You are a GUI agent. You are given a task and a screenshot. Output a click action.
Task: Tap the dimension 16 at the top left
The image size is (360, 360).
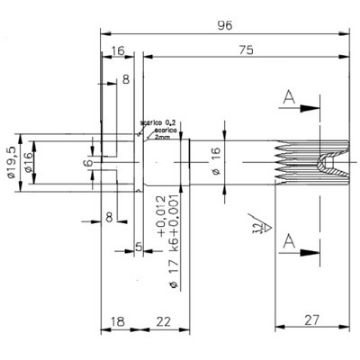tap(118, 50)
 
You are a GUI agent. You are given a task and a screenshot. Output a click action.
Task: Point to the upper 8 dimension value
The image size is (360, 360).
tap(125, 79)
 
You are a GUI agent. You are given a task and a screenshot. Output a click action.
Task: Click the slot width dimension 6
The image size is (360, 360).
tap(89, 160)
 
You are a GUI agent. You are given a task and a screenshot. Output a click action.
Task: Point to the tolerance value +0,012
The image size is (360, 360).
tap(160, 221)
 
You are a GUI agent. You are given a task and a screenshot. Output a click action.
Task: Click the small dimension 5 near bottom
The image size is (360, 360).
tap(138, 246)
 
